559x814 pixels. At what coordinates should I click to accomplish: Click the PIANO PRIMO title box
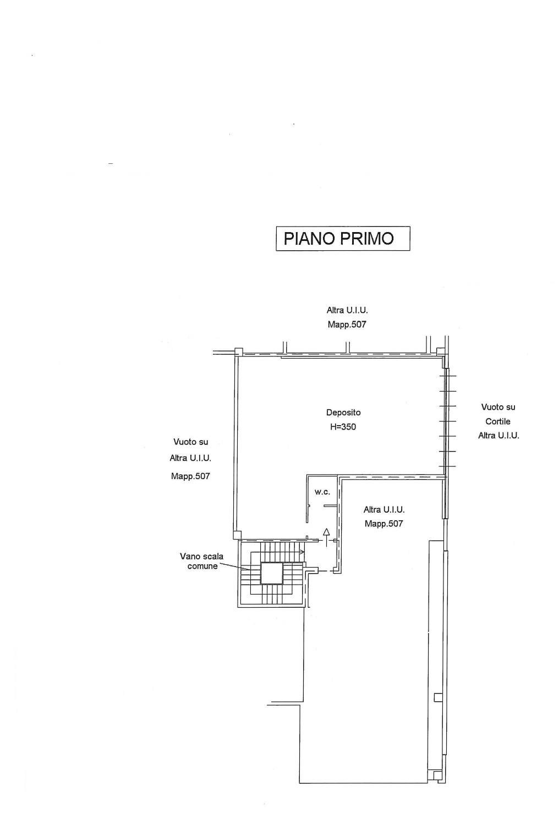343,238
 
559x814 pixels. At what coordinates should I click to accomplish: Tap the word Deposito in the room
343,413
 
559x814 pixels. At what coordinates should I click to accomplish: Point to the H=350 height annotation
343,427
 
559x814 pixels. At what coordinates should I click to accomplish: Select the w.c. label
322,492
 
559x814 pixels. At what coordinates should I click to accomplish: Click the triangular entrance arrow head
326,532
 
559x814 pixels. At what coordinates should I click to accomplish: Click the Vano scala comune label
202,561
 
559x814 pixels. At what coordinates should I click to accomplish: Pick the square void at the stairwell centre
271,573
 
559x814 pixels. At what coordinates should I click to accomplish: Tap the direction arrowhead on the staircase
303,552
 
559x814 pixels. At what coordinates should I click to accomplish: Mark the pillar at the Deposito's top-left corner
238,351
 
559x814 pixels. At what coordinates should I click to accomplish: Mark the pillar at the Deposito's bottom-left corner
237,535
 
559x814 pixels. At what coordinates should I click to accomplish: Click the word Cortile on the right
498,421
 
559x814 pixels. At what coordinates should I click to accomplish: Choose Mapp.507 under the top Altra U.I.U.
347,324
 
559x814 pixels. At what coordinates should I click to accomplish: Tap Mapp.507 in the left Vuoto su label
190,476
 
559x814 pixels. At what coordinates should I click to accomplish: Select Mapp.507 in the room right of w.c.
384,524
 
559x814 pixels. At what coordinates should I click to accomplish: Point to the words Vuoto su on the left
191,442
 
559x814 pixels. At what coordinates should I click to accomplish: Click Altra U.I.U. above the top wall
347,310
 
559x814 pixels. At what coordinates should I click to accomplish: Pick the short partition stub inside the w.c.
331,505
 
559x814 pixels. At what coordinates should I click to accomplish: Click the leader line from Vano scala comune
234,566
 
